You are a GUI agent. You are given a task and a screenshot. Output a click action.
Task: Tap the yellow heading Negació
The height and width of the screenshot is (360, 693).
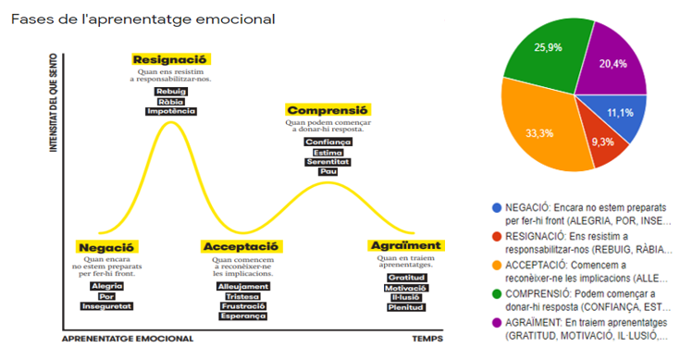pyautogui.click(x=107, y=247)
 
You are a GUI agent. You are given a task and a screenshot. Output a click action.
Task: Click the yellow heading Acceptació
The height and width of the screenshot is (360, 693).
pyautogui.click(x=241, y=247)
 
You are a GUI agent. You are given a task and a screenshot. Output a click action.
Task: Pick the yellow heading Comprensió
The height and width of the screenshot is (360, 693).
pyautogui.click(x=328, y=109)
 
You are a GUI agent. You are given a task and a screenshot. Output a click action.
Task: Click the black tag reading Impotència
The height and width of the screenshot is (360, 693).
pyautogui.click(x=171, y=111)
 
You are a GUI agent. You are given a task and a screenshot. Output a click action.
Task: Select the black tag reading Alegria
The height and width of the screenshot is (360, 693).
pyautogui.click(x=107, y=286)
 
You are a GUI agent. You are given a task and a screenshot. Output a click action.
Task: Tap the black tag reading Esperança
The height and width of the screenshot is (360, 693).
pyautogui.click(x=242, y=317)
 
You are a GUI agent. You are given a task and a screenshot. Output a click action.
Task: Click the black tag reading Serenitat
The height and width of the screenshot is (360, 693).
pyautogui.click(x=328, y=162)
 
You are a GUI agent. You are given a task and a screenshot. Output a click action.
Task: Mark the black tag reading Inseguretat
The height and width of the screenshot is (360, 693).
pyautogui.click(x=107, y=305)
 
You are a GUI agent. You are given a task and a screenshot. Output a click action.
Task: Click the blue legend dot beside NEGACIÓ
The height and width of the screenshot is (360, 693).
pyautogui.click(x=498, y=209)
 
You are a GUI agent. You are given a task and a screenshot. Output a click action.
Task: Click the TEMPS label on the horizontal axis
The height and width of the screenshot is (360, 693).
pyautogui.click(x=428, y=339)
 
